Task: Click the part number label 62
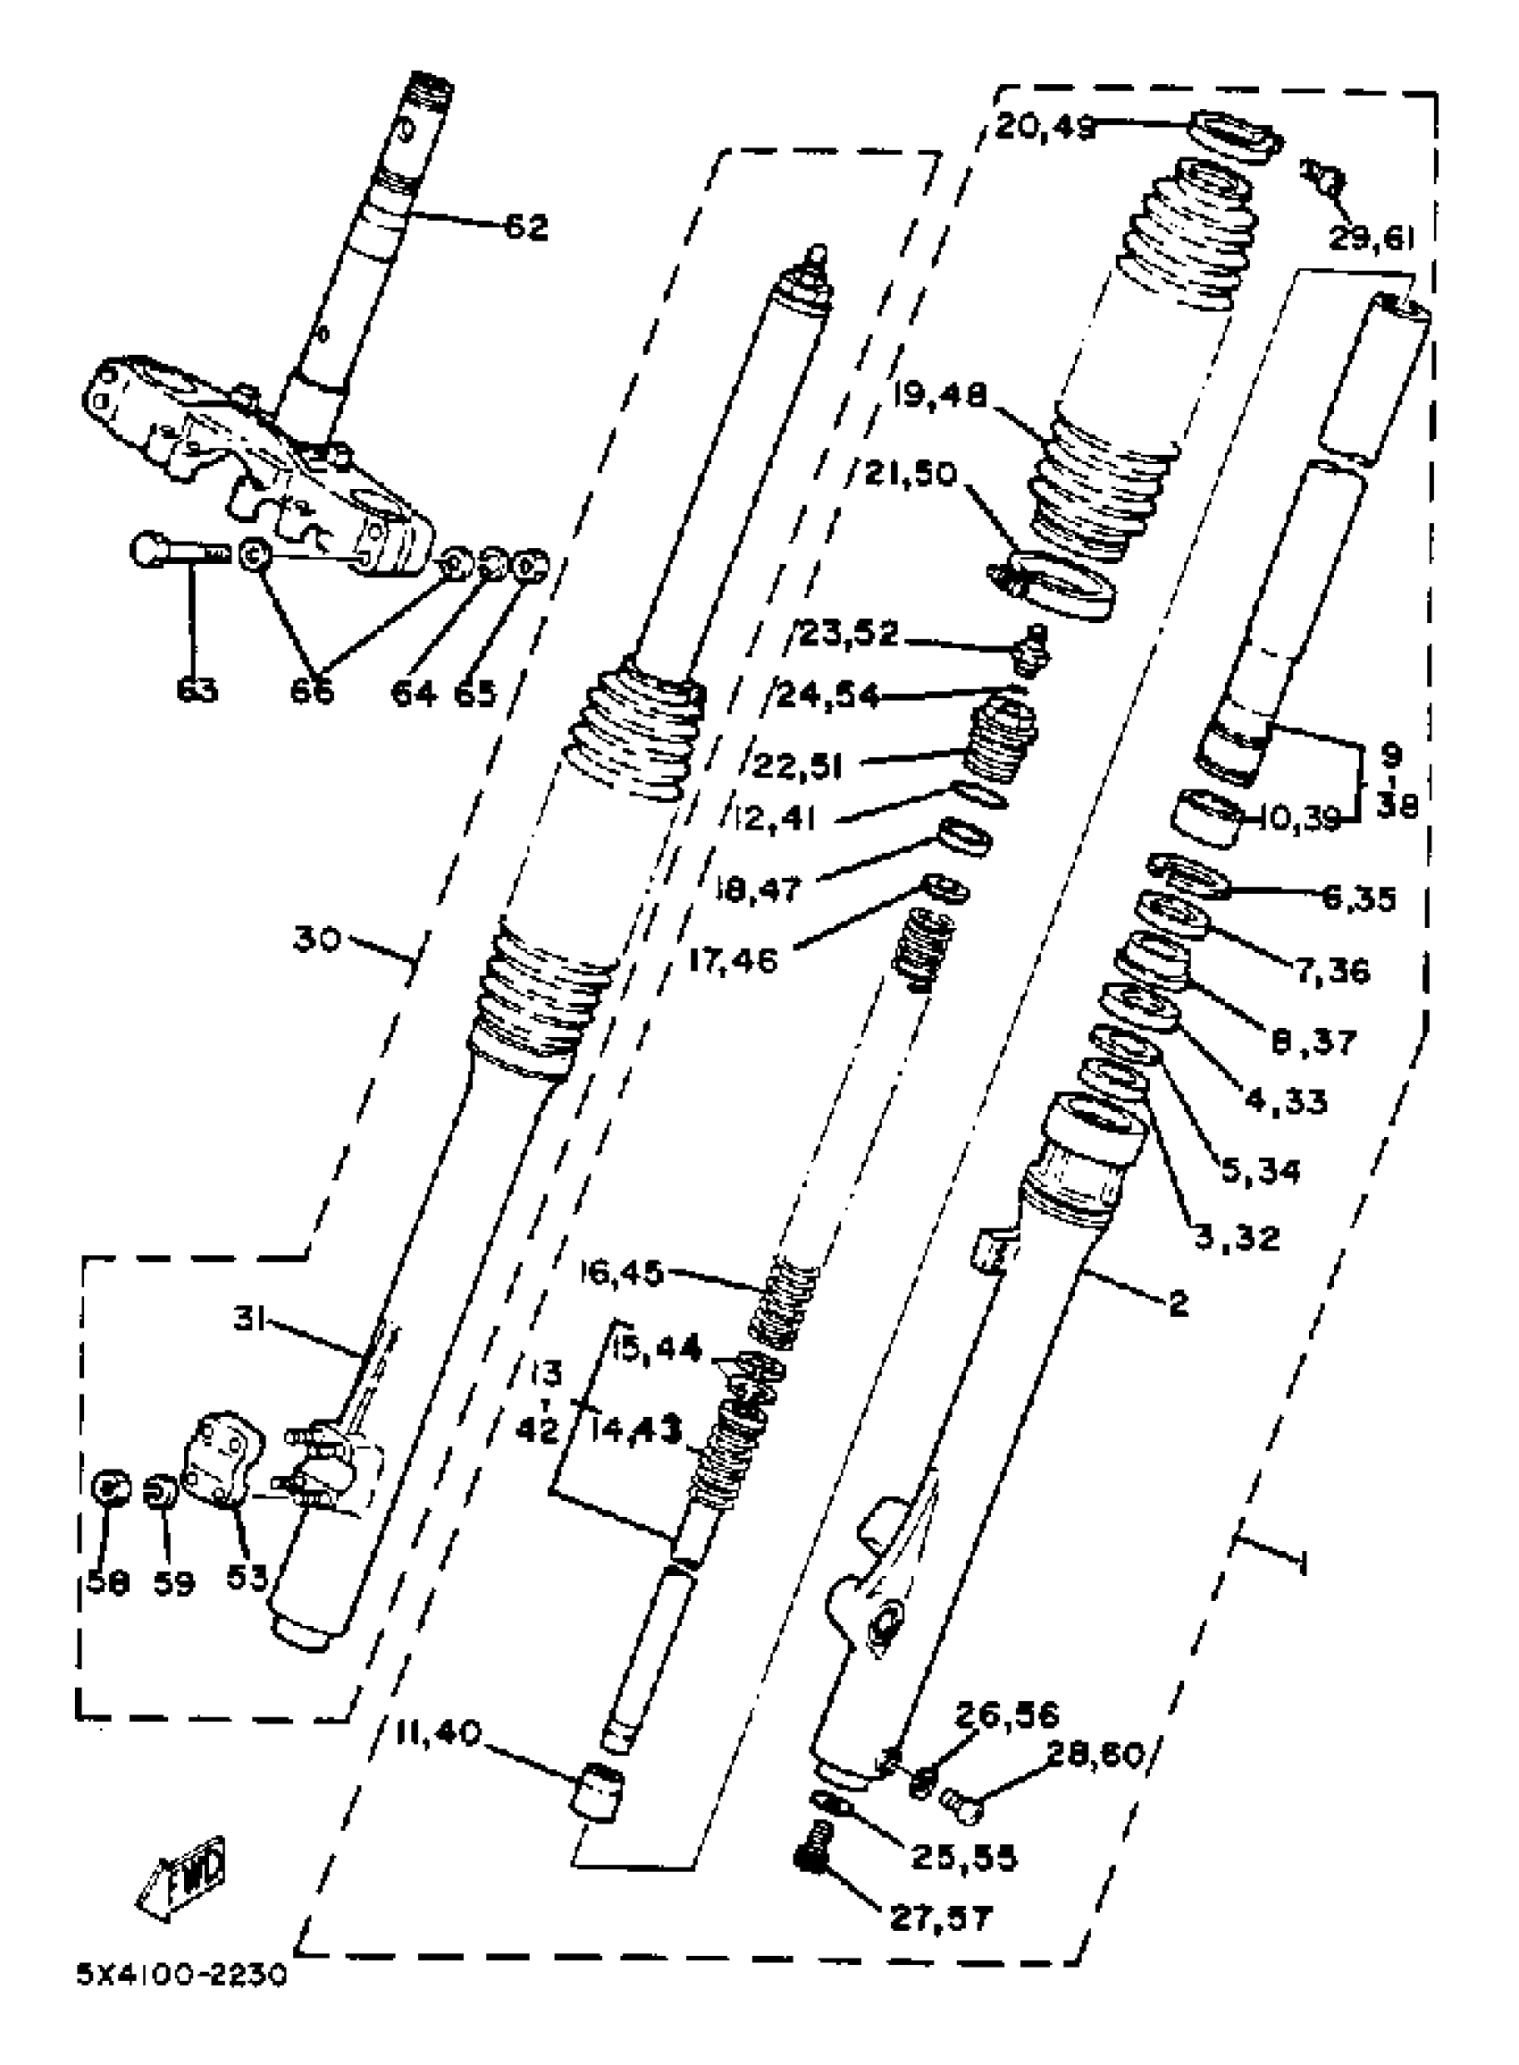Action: pyautogui.click(x=526, y=226)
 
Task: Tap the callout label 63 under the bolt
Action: pyautogui.click(x=197, y=690)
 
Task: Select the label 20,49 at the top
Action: pyautogui.click(x=1045, y=127)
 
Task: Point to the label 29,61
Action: pyautogui.click(x=1370, y=238)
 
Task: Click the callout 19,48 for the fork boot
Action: pyautogui.click(x=938, y=396)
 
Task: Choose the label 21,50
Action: pyautogui.click(x=911, y=476)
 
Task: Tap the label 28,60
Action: pyautogui.click(x=1095, y=1756)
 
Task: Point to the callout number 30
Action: pyautogui.click(x=317, y=940)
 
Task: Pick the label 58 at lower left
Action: pyautogui.click(x=107, y=1583)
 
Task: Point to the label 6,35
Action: pyautogui.click(x=1359, y=898)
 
